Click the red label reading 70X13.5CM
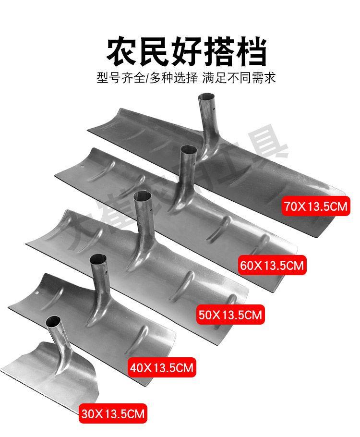[x=316, y=207]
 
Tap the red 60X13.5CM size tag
[x=272, y=265]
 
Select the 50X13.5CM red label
[x=230, y=315]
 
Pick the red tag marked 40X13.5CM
[x=161, y=368]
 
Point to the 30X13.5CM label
[x=113, y=413]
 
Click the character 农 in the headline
[x=122, y=51]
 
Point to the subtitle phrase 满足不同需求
[x=239, y=77]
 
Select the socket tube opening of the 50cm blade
[x=143, y=196]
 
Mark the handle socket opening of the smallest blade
[x=54, y=321]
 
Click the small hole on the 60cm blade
[x=83, y=169]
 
